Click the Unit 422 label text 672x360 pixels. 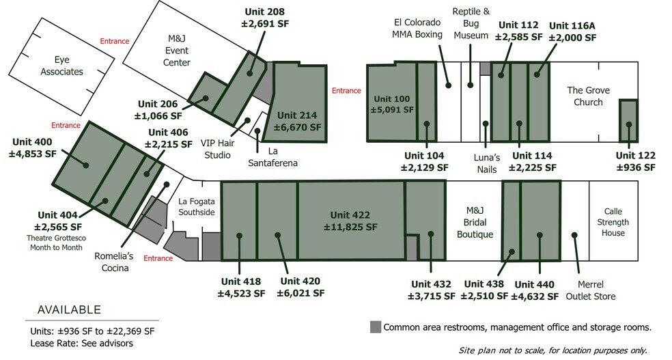coord(350,221)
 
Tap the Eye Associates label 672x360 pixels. coord(61,66)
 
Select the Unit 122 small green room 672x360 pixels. coord(628,121)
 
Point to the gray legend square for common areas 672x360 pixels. coord(376,327)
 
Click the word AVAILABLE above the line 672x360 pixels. coord(70,309)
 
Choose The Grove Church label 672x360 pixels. coord(588,96)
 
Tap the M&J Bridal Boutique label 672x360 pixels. coord(475,222)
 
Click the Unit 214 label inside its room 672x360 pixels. coord(298,122)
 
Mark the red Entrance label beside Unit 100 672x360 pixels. coord(346,91)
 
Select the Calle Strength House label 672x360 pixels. coord(613,222)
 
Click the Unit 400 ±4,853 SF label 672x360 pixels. coord(33,148)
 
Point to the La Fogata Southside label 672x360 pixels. coord(197,206)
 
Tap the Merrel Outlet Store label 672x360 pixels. coord(591,290)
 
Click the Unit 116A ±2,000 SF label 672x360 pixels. coord(572,31)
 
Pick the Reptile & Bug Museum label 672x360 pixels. coord(471,23)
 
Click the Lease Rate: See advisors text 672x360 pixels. coord(81,344)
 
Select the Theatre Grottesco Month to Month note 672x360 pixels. coord(56,243)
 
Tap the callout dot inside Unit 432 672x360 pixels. coord(431,234)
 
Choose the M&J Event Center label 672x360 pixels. coord(177,50)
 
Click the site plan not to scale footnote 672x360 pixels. coord(553,350)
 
